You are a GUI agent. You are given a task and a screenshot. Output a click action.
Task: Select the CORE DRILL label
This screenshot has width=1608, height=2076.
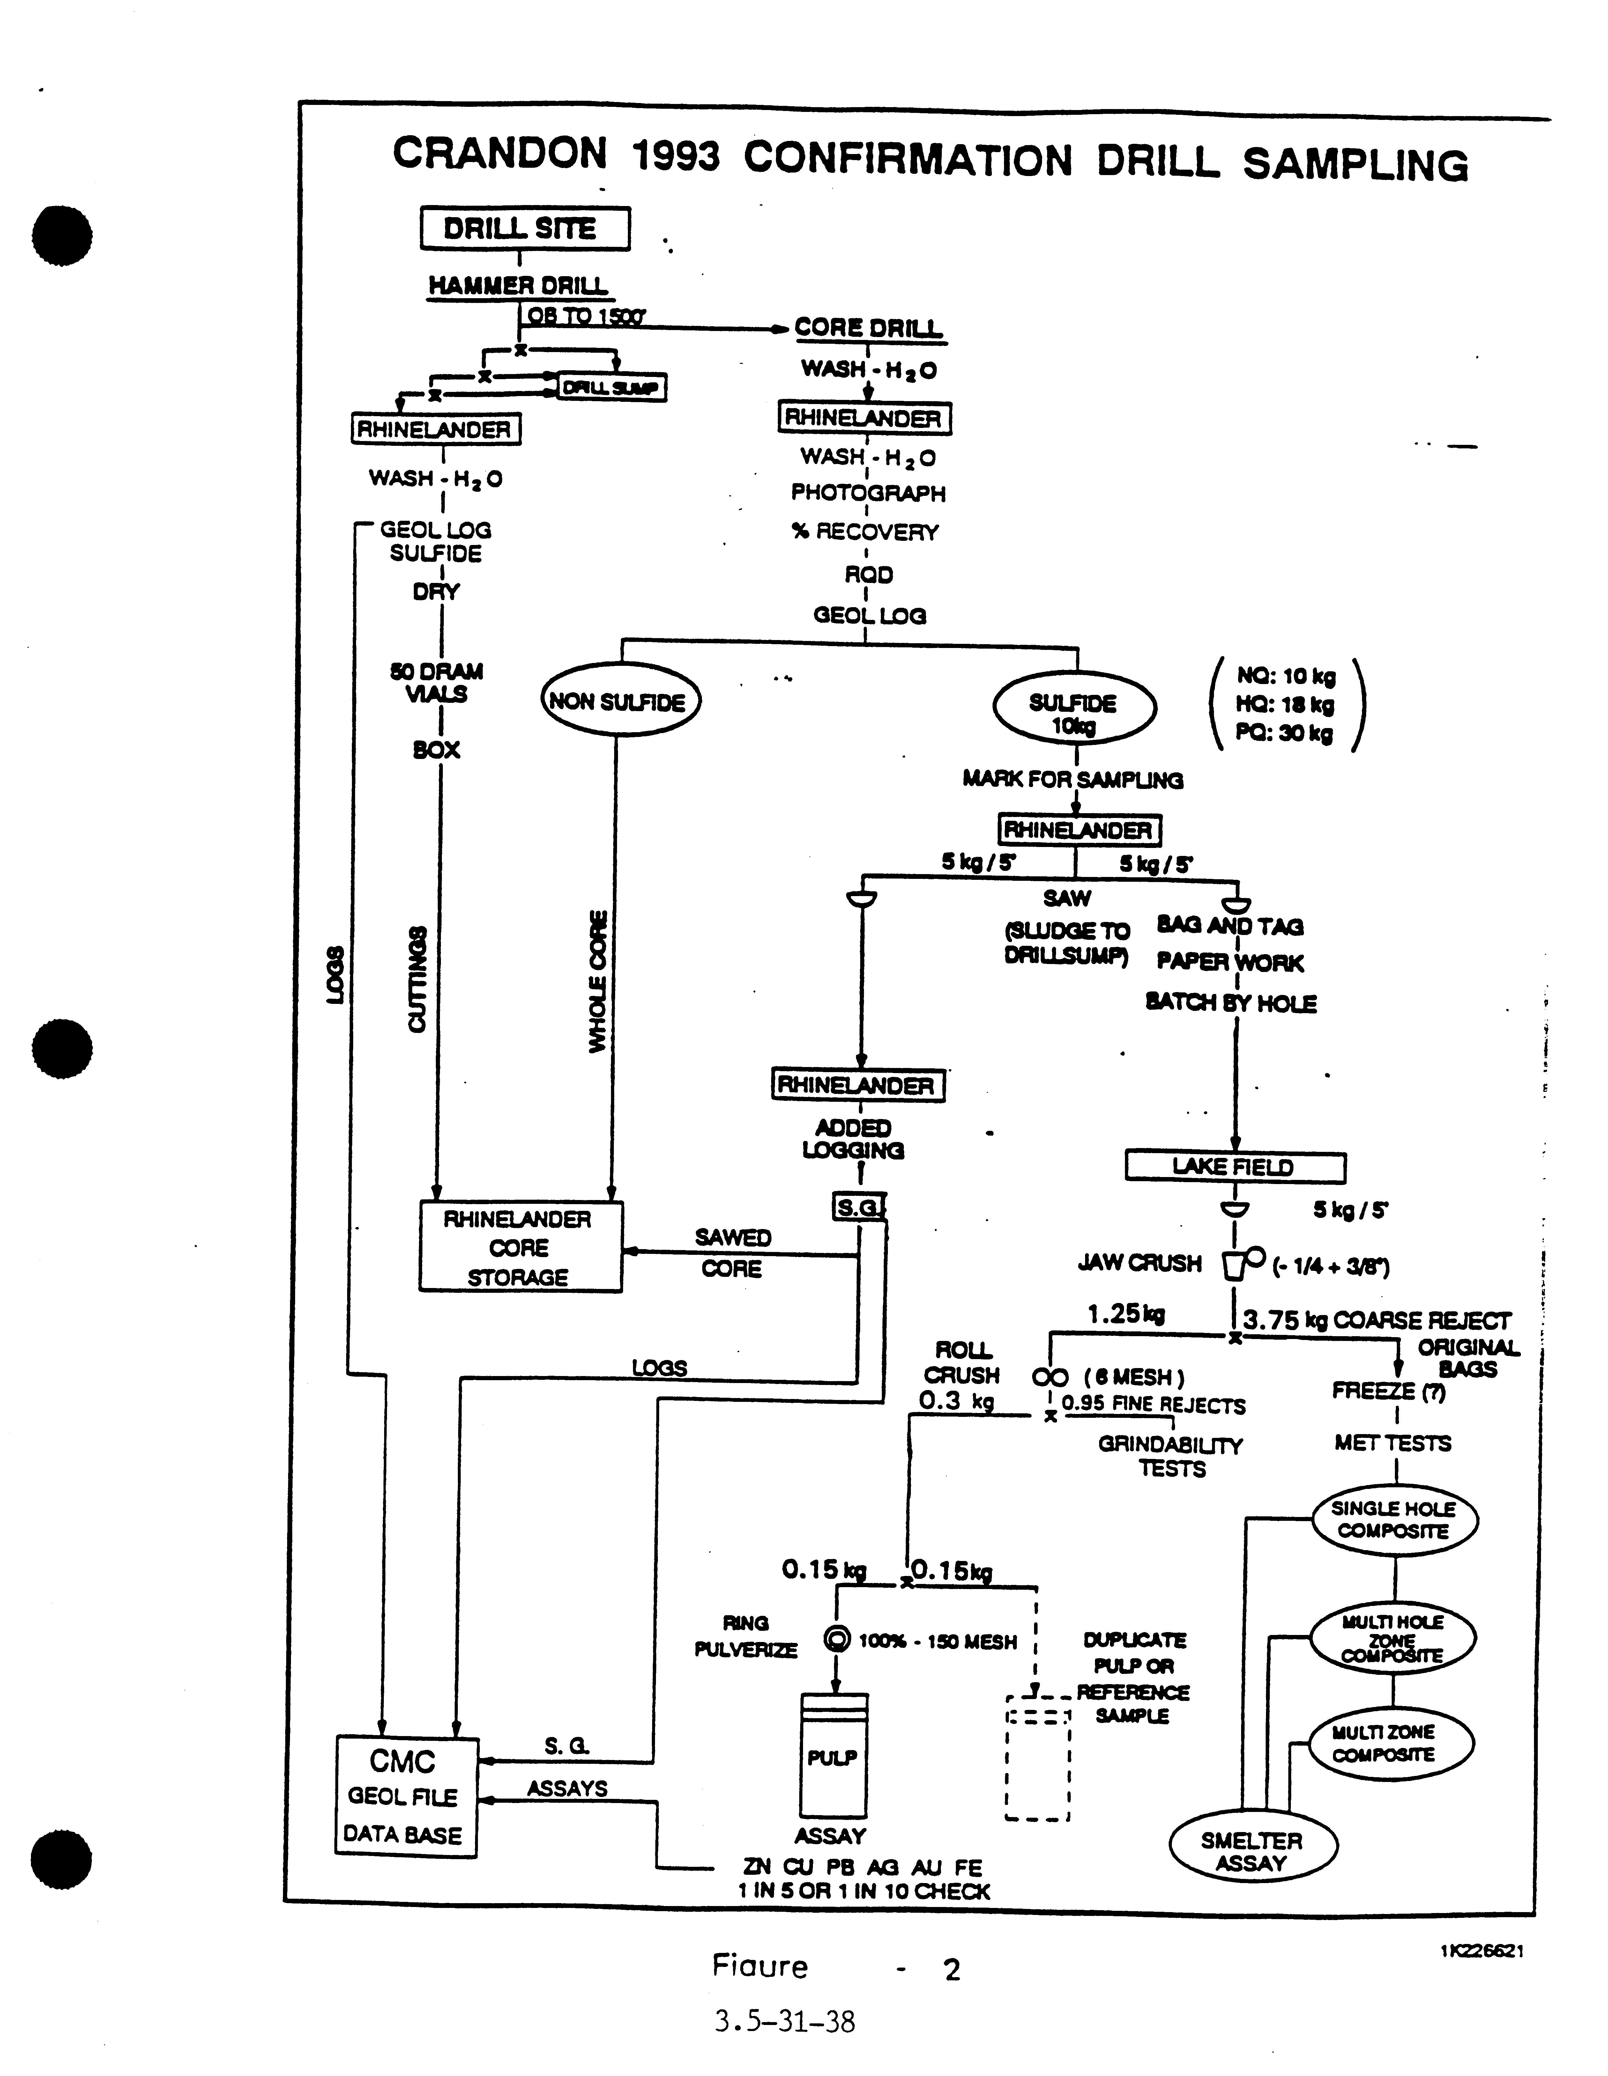868,328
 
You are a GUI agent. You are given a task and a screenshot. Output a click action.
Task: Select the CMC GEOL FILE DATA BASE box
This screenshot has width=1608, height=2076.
405,1796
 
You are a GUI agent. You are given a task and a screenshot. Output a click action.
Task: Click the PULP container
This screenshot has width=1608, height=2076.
833,1756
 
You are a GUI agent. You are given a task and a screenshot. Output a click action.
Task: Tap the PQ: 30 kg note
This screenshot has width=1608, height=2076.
1284,733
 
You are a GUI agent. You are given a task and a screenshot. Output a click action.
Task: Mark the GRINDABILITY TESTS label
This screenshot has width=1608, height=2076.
1171,1456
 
